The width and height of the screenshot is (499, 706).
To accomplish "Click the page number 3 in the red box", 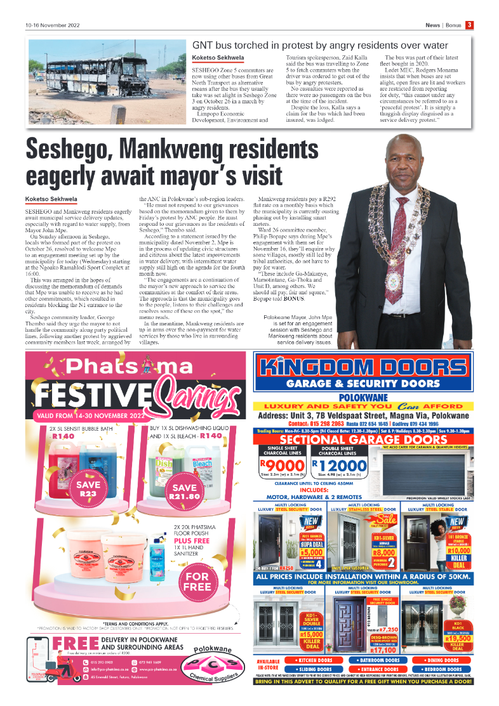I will coord(469,25).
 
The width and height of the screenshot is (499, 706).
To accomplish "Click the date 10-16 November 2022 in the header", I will coord(54,26).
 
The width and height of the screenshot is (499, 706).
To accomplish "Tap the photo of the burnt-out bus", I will coord(105,81).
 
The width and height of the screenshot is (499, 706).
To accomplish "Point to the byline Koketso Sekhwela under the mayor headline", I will coord(51,199).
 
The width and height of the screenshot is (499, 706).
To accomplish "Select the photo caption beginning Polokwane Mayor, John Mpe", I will coord(298,329).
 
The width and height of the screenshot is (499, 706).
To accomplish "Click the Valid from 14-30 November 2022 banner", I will coord(86,415).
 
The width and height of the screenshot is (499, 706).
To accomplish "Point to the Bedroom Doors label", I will coord(444,669).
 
